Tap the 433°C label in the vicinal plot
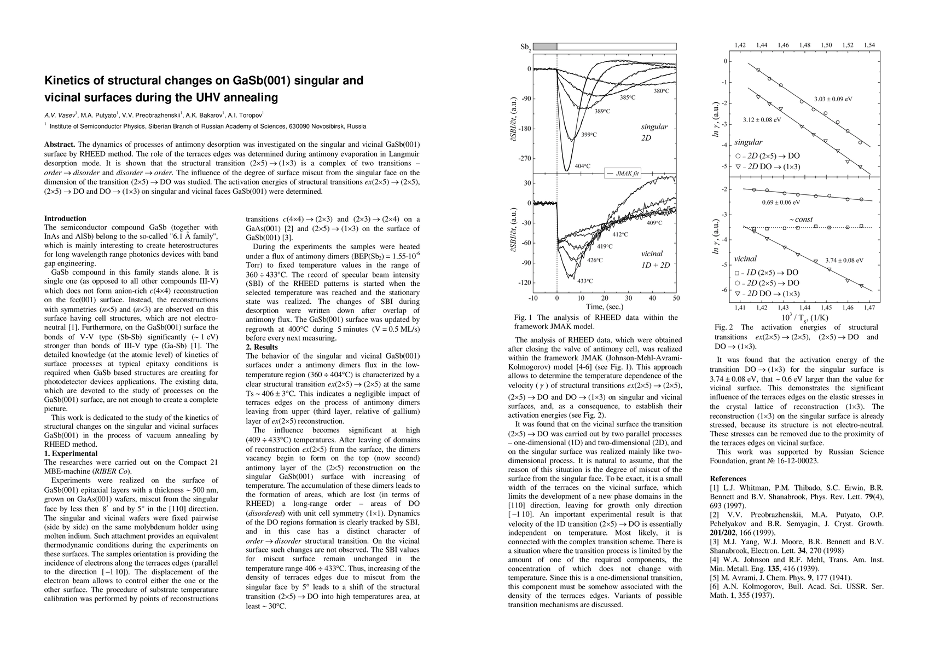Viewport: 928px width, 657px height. [585, 281]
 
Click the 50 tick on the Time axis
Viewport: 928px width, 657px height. [676, 298]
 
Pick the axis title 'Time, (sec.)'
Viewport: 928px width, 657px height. [605, 307]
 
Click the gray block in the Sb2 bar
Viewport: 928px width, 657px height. [545, 47]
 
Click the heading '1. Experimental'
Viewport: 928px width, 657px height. [71, 453]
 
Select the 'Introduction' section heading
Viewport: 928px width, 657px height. [65, 218]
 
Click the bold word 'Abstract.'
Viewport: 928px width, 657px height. [60, 145]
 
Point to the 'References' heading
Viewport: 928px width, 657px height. [728, 479]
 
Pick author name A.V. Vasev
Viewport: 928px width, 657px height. [60, 116]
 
